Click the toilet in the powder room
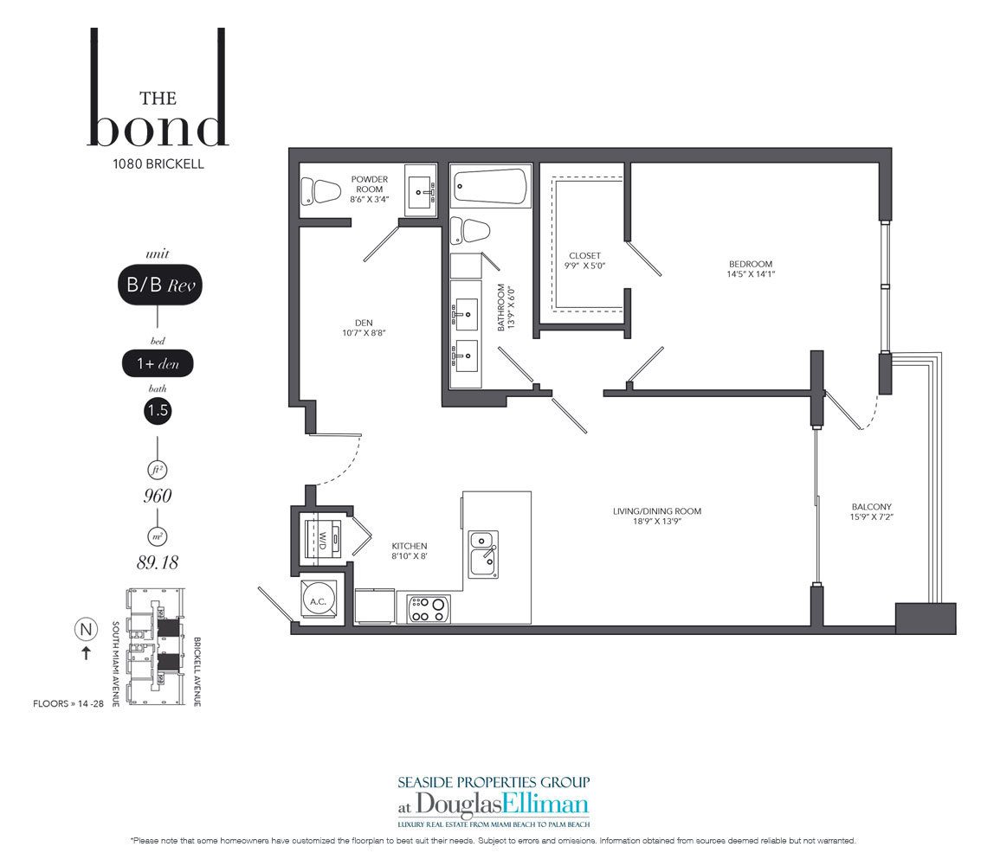(320, 191)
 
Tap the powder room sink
(420, 190)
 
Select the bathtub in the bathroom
(490, 186)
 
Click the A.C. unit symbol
(319, 600)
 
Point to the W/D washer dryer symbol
(323, 538)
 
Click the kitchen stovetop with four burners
(429, 609)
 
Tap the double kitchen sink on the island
(483, 554)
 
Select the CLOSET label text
(584, 255)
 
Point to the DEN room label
(364, 323)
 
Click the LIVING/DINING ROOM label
(657, 511)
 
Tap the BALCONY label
(872, 506)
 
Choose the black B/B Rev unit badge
(160, 285)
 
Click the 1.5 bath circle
(158, 411)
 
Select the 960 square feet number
(158, 497)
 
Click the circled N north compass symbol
(86, 629)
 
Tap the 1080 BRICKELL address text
(158, 164)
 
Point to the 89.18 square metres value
(158, 562)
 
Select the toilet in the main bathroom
(471, 231)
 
